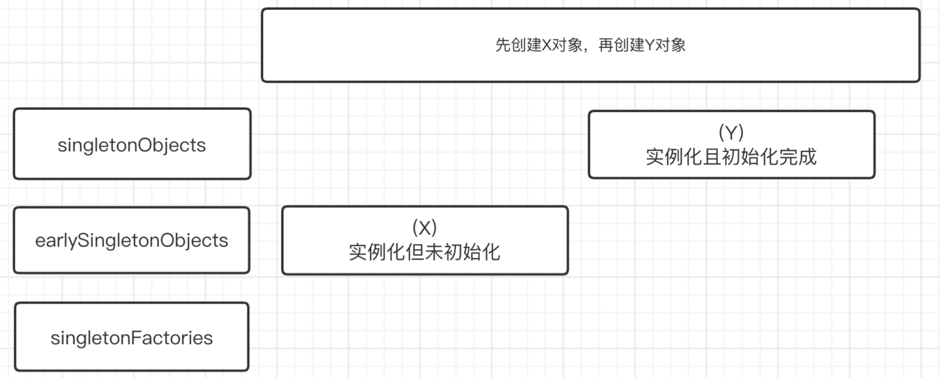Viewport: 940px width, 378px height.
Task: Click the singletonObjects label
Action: tap(132, 145)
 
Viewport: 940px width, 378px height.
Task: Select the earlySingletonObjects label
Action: tap(132, 240)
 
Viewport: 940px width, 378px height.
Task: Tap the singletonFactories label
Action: tap(132, 338)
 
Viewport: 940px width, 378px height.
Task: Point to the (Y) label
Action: tap(731, 132)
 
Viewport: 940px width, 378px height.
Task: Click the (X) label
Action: tap(425, 228)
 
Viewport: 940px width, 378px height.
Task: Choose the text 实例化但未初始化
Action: tap(425, 252)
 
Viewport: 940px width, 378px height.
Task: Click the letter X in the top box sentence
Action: tap(547, 45)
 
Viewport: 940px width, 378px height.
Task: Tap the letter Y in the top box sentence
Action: tap(650, 45)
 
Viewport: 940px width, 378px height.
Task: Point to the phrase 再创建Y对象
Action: tap(642, 45)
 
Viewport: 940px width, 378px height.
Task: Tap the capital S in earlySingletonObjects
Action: tap(82, 240)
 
